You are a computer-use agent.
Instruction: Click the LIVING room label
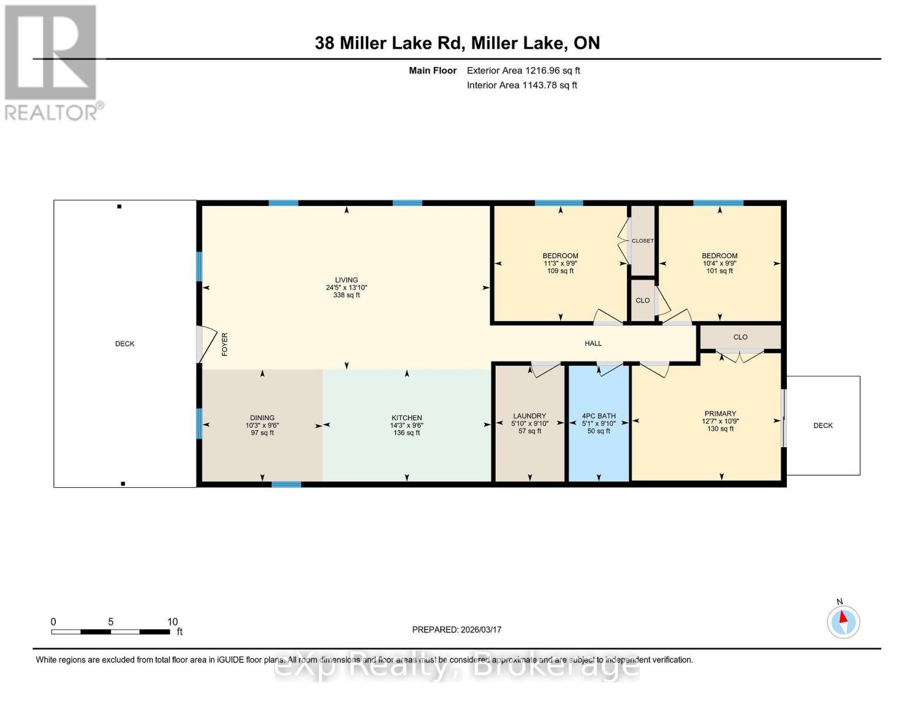point(346,280)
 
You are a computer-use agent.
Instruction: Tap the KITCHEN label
point(407,418)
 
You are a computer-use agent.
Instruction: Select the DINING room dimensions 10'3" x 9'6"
point(262,425)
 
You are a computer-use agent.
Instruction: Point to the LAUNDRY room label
point(529,416)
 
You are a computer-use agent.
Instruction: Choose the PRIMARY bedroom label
point(720,414)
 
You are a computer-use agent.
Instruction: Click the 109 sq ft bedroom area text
point(560,271)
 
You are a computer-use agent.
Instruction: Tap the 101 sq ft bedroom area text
point(719,271)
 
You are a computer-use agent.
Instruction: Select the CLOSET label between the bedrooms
point(642,241)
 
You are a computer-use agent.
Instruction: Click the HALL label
point(593,343)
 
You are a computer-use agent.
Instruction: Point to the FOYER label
point(224,344)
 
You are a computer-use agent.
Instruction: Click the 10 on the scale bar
point(172,622)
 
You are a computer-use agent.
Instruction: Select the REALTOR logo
point(52,62)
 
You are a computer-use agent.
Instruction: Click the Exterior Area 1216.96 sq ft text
point(523,71)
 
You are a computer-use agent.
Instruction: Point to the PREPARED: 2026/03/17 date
point(456,630)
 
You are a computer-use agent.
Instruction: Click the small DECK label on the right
point(823,425)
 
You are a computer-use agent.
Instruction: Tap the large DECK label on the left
point(125,344)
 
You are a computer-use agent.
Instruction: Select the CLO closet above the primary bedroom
point(740,337)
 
